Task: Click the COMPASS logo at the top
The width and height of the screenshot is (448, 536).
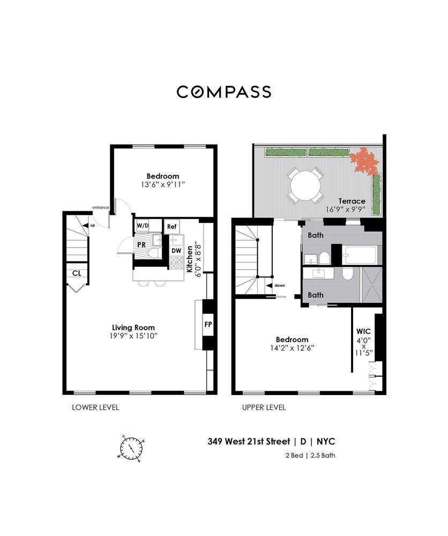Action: (223, 92)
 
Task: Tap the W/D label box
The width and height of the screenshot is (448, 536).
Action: (143, 226)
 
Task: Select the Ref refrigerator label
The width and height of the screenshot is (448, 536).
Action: (171, 227)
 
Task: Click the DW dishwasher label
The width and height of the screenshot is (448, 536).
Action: (176, 250)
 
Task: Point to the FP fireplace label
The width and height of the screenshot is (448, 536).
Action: (208, 324)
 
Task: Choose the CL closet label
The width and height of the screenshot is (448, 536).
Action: (77, 273)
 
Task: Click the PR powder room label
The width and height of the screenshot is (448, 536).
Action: (141, 244)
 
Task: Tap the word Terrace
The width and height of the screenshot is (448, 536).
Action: (352, 201)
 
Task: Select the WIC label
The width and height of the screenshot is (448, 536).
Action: (364, 331)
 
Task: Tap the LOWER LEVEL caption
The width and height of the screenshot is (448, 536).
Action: (95, 407)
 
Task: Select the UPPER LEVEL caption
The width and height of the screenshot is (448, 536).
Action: (264, 407)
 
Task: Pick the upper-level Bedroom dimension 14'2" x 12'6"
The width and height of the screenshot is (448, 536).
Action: (292, 348)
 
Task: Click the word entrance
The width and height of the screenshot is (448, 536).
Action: (101, 207)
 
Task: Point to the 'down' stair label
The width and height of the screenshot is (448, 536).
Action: (279, 286)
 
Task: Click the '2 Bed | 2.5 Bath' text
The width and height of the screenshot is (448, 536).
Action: (310, 456)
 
